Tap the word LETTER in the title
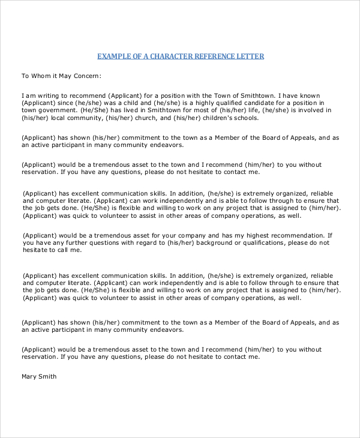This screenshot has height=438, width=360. (250, 56)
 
